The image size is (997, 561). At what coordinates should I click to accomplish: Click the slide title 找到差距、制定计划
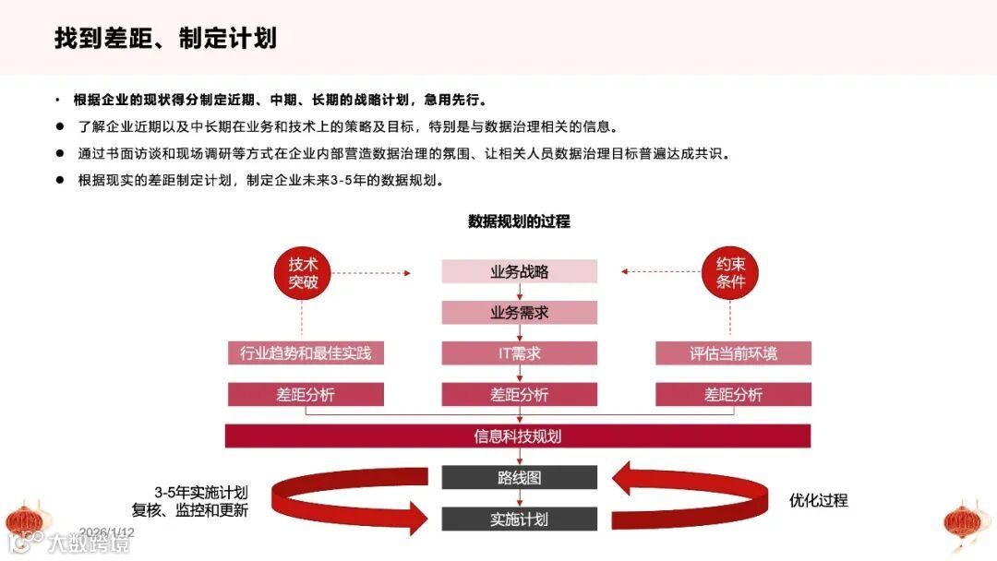[165, 38]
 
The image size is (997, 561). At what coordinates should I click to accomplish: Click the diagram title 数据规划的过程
[519, 221]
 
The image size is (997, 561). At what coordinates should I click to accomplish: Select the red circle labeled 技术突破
[303, 272]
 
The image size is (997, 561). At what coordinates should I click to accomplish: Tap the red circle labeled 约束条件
[730, 272]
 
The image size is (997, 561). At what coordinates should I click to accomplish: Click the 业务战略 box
[519, 272]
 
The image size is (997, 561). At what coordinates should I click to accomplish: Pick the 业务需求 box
[519, 313]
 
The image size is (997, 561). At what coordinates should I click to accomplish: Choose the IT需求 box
[519, 353]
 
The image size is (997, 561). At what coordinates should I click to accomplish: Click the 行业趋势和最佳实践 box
[306, 353]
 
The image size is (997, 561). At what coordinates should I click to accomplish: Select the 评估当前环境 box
[733, 353]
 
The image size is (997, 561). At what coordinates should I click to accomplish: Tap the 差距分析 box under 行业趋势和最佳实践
[306, 395]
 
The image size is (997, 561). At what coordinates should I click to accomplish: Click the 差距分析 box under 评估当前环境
[733, 395]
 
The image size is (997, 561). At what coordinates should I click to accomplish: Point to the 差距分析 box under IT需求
[519, 395]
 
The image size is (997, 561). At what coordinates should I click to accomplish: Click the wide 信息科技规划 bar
[518, 436]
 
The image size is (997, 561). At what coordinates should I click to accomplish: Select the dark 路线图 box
[519, 478]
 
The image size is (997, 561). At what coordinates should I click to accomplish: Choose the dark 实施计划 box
[519, 519]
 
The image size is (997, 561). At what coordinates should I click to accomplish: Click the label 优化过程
[818, 500]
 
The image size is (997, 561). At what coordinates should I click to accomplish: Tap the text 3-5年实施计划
[200, 492]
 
